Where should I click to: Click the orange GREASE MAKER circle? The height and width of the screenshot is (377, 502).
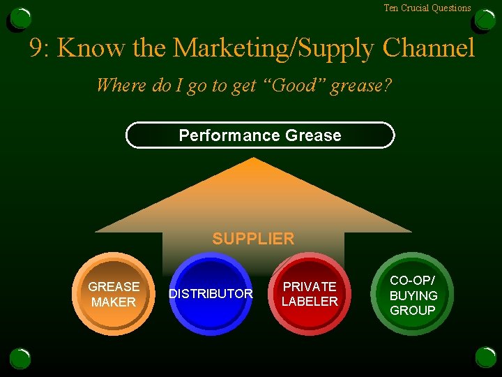pos(113,294)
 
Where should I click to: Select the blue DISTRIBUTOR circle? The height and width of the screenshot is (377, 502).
pos(211,294)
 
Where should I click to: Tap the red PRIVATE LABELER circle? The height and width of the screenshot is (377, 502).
pos(310,294)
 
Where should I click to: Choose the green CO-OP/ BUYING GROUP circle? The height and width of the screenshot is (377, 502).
pos(412,294)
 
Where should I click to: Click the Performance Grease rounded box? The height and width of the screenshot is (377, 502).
pos(260,135)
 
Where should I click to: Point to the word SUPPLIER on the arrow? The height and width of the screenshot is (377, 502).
pos(253,239)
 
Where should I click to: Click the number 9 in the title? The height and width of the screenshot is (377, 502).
pos(37,48)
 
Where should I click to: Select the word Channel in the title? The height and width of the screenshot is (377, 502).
pos(429,48)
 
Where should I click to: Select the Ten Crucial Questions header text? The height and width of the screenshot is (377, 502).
pos(427,8)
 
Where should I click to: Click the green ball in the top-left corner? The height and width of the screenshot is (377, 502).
pos(20,19)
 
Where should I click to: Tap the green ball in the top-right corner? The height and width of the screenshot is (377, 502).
pos(485,19)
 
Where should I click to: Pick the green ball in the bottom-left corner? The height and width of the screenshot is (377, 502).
pos(20,358)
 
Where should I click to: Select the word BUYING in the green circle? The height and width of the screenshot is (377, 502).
pos(413,295)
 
